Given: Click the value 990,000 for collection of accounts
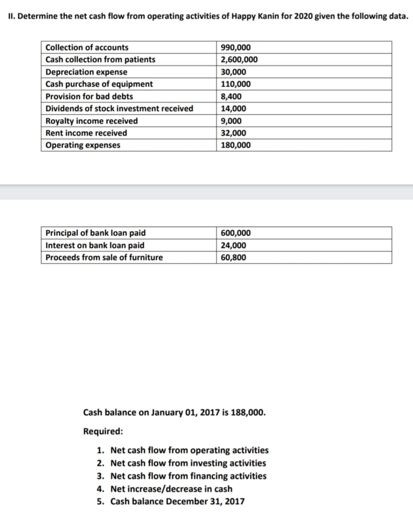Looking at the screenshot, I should point(235,48).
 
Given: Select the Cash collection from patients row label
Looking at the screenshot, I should point(100,60).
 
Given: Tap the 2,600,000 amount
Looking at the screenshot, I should point(239,60).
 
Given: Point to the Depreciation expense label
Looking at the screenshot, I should point(86,72).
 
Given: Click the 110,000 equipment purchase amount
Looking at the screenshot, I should point(235,84).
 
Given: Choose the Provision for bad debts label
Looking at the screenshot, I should point(89,96).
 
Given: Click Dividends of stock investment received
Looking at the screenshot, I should point(119,108).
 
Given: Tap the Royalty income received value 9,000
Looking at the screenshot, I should point(231,121).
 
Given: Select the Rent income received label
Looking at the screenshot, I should point(86,133).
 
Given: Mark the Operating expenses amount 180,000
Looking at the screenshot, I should point(235,145).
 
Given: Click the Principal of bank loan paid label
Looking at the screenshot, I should point(96,233).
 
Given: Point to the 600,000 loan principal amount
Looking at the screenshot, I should point(235,233).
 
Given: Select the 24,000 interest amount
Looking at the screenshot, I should point(233,245).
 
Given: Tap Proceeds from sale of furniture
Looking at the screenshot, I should point(104,257).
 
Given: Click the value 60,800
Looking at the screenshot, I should point(233,257).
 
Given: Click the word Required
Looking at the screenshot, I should point(102,431).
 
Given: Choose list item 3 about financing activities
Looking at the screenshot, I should point(188,476).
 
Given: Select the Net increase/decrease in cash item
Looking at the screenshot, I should point(171,489).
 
